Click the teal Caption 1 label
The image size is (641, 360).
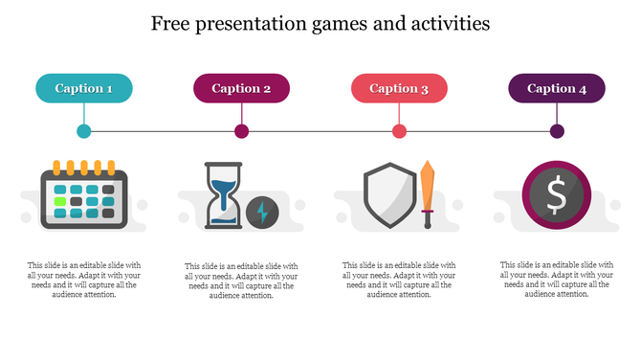84,88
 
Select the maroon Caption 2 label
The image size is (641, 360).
241,88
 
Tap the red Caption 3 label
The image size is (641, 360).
399,88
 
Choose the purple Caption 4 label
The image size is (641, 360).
556,88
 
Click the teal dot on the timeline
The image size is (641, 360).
84,131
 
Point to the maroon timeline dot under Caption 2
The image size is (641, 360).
242,131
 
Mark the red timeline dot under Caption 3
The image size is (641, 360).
399,131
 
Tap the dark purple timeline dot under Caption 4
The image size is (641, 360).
557,131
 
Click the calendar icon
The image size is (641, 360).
84,194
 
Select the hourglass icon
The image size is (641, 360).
223,194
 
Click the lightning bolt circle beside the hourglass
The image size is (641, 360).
261,212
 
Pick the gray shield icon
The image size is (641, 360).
388,195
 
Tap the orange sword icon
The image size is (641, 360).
428,194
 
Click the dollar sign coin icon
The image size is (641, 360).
556,195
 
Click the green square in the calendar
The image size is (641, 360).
61,202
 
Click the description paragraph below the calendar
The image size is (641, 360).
84,280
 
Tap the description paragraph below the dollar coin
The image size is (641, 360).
557,280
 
